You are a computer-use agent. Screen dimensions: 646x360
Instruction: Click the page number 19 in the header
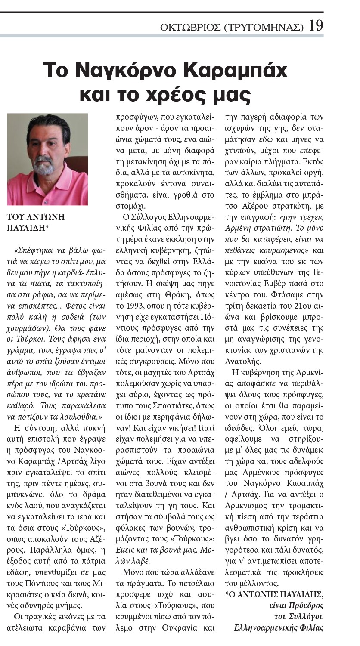point(316,26)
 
